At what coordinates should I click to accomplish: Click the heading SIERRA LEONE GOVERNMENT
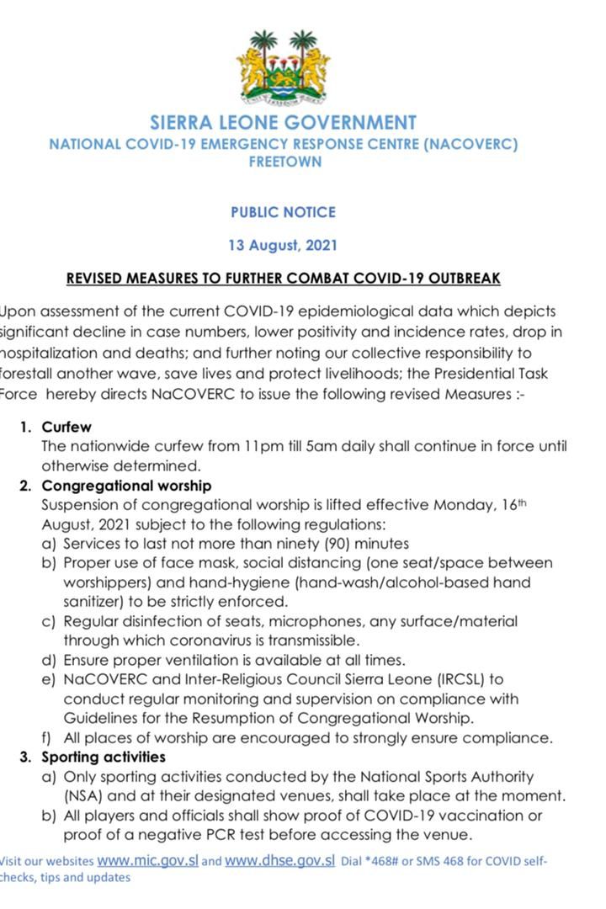pyautogui.click(x=283, y=123)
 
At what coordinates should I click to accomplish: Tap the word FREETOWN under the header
pyautogui.click(x=284, y=161)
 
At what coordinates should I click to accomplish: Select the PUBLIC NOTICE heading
pyautogui.click(x=283, y=212)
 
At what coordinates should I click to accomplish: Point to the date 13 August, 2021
pyautogui.click(x=283, y=246)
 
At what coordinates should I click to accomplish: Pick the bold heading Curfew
pyautogui.click(x=66, y=427)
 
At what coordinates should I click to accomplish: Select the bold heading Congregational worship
pyautogui.click(x=126, y=486)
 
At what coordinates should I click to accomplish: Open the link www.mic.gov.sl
pyautogui.click(x=147, y=861)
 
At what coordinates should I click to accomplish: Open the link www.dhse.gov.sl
pyautogui.click(x=280, y=861)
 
